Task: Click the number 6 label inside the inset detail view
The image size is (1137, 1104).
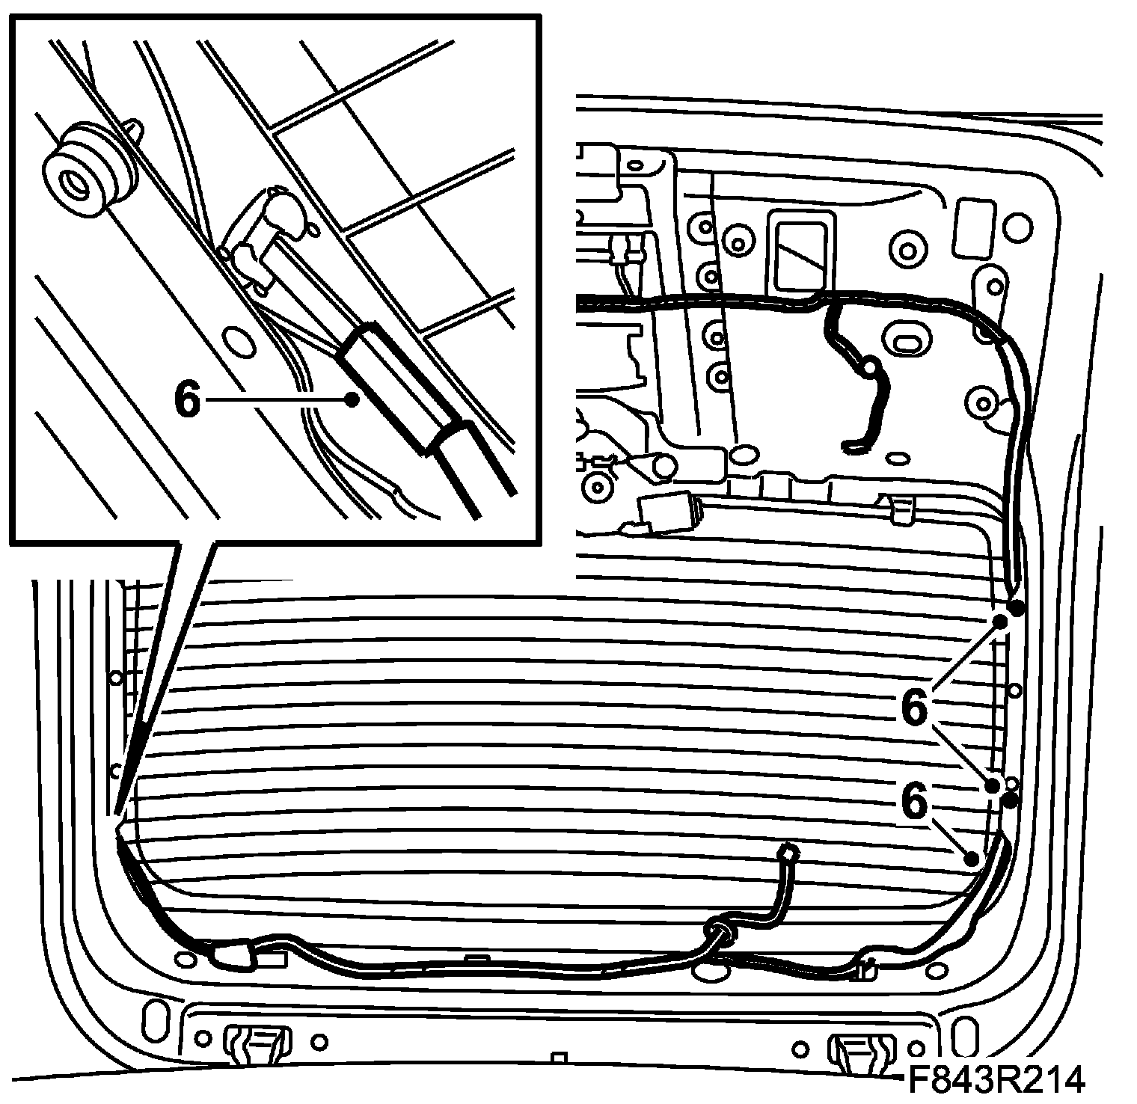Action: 188,400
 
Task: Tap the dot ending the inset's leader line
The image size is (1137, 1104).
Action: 350,400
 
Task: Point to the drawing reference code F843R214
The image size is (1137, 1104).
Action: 996,1079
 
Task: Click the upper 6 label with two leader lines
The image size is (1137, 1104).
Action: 914,706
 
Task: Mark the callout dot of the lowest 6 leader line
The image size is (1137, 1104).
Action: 972,858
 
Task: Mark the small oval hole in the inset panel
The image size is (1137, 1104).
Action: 239,340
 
